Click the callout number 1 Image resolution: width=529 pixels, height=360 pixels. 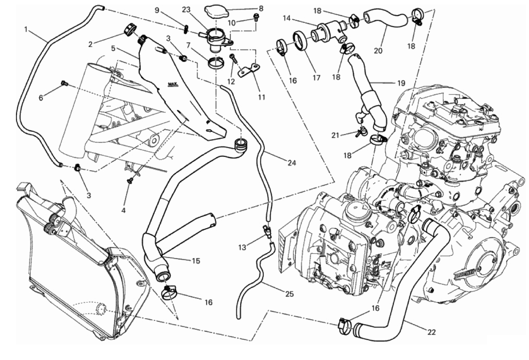27,30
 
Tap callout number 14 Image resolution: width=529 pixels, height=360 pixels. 287,19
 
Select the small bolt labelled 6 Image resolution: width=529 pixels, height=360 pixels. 64,83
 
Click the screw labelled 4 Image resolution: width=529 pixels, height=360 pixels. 130,180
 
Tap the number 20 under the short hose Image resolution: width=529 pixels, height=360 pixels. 378,51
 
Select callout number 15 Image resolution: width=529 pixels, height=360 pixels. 196,261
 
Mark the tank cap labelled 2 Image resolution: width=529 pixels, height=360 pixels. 128,29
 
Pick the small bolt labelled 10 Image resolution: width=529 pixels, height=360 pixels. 255,18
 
